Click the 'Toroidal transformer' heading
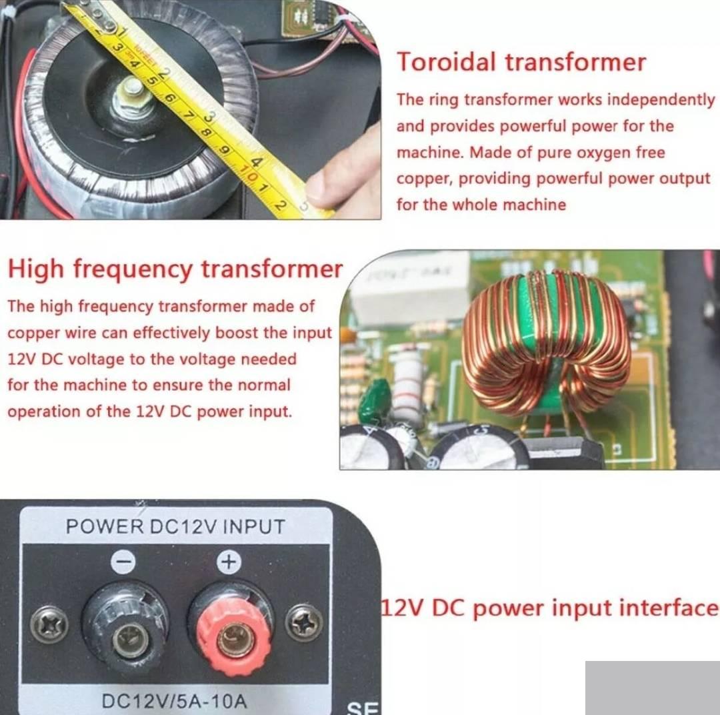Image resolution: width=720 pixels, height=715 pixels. tap(521, 62)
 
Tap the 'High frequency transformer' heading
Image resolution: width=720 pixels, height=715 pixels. tap(175, 269)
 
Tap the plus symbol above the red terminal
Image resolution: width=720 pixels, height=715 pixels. tap(229, 561)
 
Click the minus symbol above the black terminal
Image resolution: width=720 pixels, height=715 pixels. tap(124, 561)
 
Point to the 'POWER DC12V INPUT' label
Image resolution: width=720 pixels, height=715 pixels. tap(175, 527)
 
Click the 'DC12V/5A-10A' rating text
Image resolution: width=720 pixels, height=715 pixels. tap(174, 701)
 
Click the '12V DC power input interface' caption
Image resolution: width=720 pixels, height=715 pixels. tap(550, 608)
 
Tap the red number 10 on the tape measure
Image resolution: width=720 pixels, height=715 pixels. tap(250, 175)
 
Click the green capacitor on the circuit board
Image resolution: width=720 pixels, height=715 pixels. tap(373, 395)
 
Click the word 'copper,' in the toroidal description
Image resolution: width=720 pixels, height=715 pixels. tap(425, 179)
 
